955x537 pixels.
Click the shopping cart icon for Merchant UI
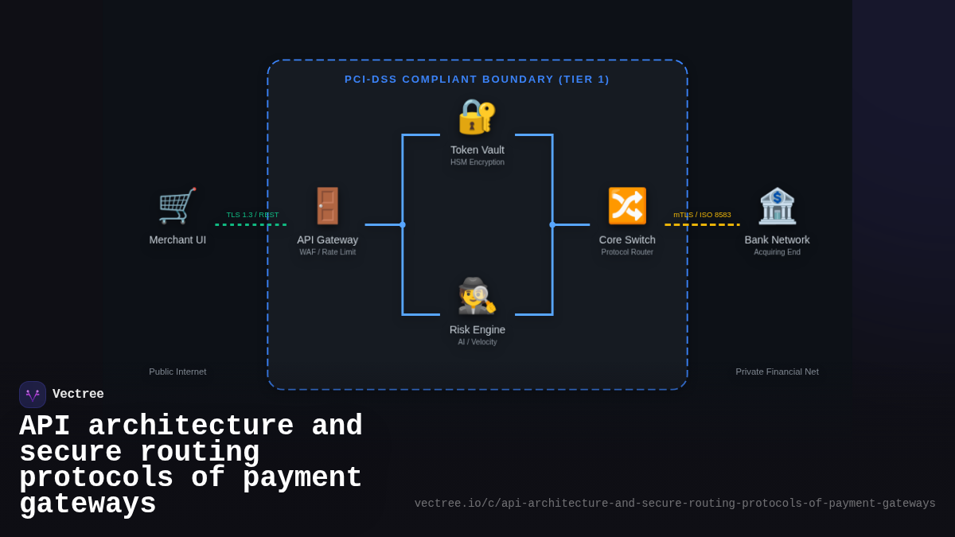[177, 206]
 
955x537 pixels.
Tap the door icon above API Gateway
[327, 206]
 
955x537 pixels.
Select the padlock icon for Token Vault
[477, 116]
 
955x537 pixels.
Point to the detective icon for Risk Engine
[477, 296]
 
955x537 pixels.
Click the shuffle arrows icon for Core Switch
[627, 206]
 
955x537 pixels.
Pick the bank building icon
[777, 206]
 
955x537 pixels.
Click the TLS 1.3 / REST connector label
[252, 215]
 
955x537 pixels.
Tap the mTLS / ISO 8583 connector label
[702, 215]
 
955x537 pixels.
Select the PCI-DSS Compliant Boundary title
[477, 80]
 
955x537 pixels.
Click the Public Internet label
[177, 372]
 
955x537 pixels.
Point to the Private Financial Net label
[777, 372]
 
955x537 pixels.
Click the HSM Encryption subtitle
[477, 162]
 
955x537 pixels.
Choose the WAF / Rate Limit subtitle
[327, 252]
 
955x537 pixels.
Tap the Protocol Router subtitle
[627, 252]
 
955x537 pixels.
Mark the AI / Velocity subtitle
[477, 342]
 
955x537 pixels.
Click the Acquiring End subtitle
[777, 252]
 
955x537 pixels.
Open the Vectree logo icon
[33, 395]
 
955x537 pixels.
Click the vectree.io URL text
[675, 504]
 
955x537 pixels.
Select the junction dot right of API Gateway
[403, 224]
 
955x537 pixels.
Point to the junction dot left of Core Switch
[552, 224]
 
